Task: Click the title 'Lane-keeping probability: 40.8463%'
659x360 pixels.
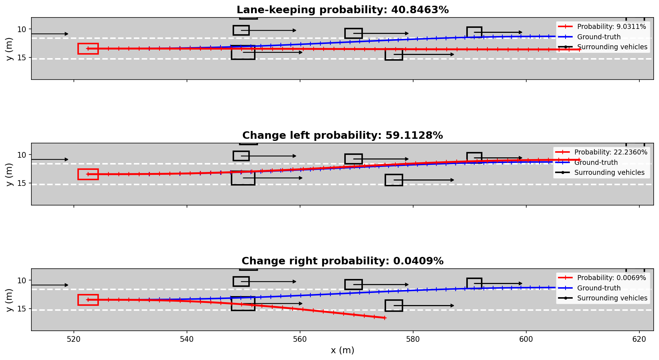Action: point(342,10)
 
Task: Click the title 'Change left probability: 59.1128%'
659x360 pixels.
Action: point(342,136)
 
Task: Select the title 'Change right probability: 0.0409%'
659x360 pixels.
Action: point(342,261)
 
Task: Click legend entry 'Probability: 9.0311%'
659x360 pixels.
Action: point(611,27)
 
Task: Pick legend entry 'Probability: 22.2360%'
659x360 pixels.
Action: point(610,152)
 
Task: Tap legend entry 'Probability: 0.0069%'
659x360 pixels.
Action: point(611,278)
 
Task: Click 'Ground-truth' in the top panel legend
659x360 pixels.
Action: point(599,37)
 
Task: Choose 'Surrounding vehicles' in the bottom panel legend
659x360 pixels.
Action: point(612,298)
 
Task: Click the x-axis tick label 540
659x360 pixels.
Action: point(187,339)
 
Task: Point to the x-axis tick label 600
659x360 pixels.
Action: point(526,339)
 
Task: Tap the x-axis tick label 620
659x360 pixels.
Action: point(639,339)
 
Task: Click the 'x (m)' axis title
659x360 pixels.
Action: point(342,350)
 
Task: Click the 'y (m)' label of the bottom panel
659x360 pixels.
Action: point(10,300)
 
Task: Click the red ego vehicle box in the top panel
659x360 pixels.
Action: point(88,49)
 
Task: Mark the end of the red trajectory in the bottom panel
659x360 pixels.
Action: point(385,318)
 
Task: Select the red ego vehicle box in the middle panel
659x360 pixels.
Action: point(88,174)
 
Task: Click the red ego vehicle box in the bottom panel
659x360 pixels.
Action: point(88,300)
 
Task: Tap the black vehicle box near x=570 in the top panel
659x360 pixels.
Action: point(353,34)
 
